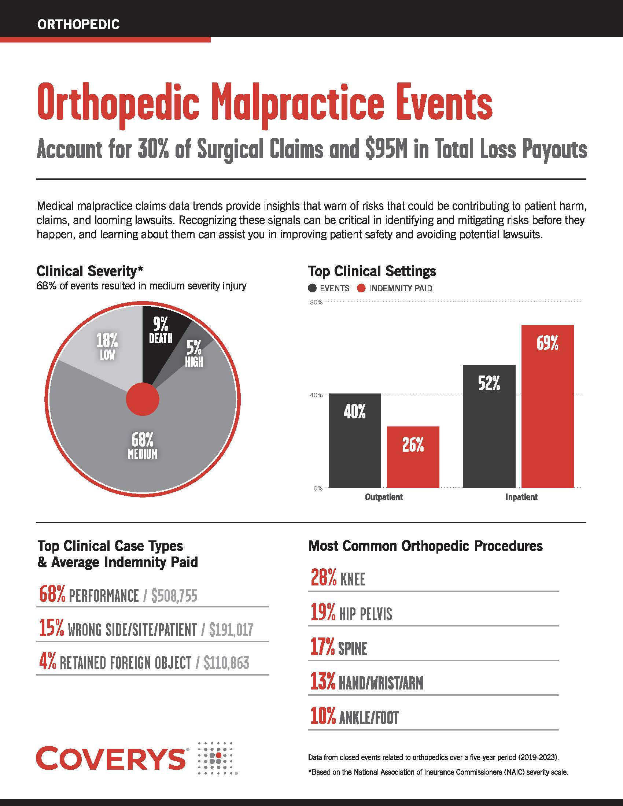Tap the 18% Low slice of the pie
click(107, 347)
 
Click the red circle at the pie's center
click(143, 399)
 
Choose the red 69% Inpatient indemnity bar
click(548, 406)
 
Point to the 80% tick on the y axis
click(316, 302)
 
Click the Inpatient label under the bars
click(521, 497)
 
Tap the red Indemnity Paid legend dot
click(361, 288)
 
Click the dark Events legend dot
click(312, 288)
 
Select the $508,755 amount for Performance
click(174, 596)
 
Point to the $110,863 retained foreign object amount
click(226, 663)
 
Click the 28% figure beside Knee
click(323, 578)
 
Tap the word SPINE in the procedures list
click(353, 649)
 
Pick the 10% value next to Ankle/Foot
click(323, 717)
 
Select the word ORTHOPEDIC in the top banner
click(79, 25)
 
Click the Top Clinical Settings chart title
click(372, 271)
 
